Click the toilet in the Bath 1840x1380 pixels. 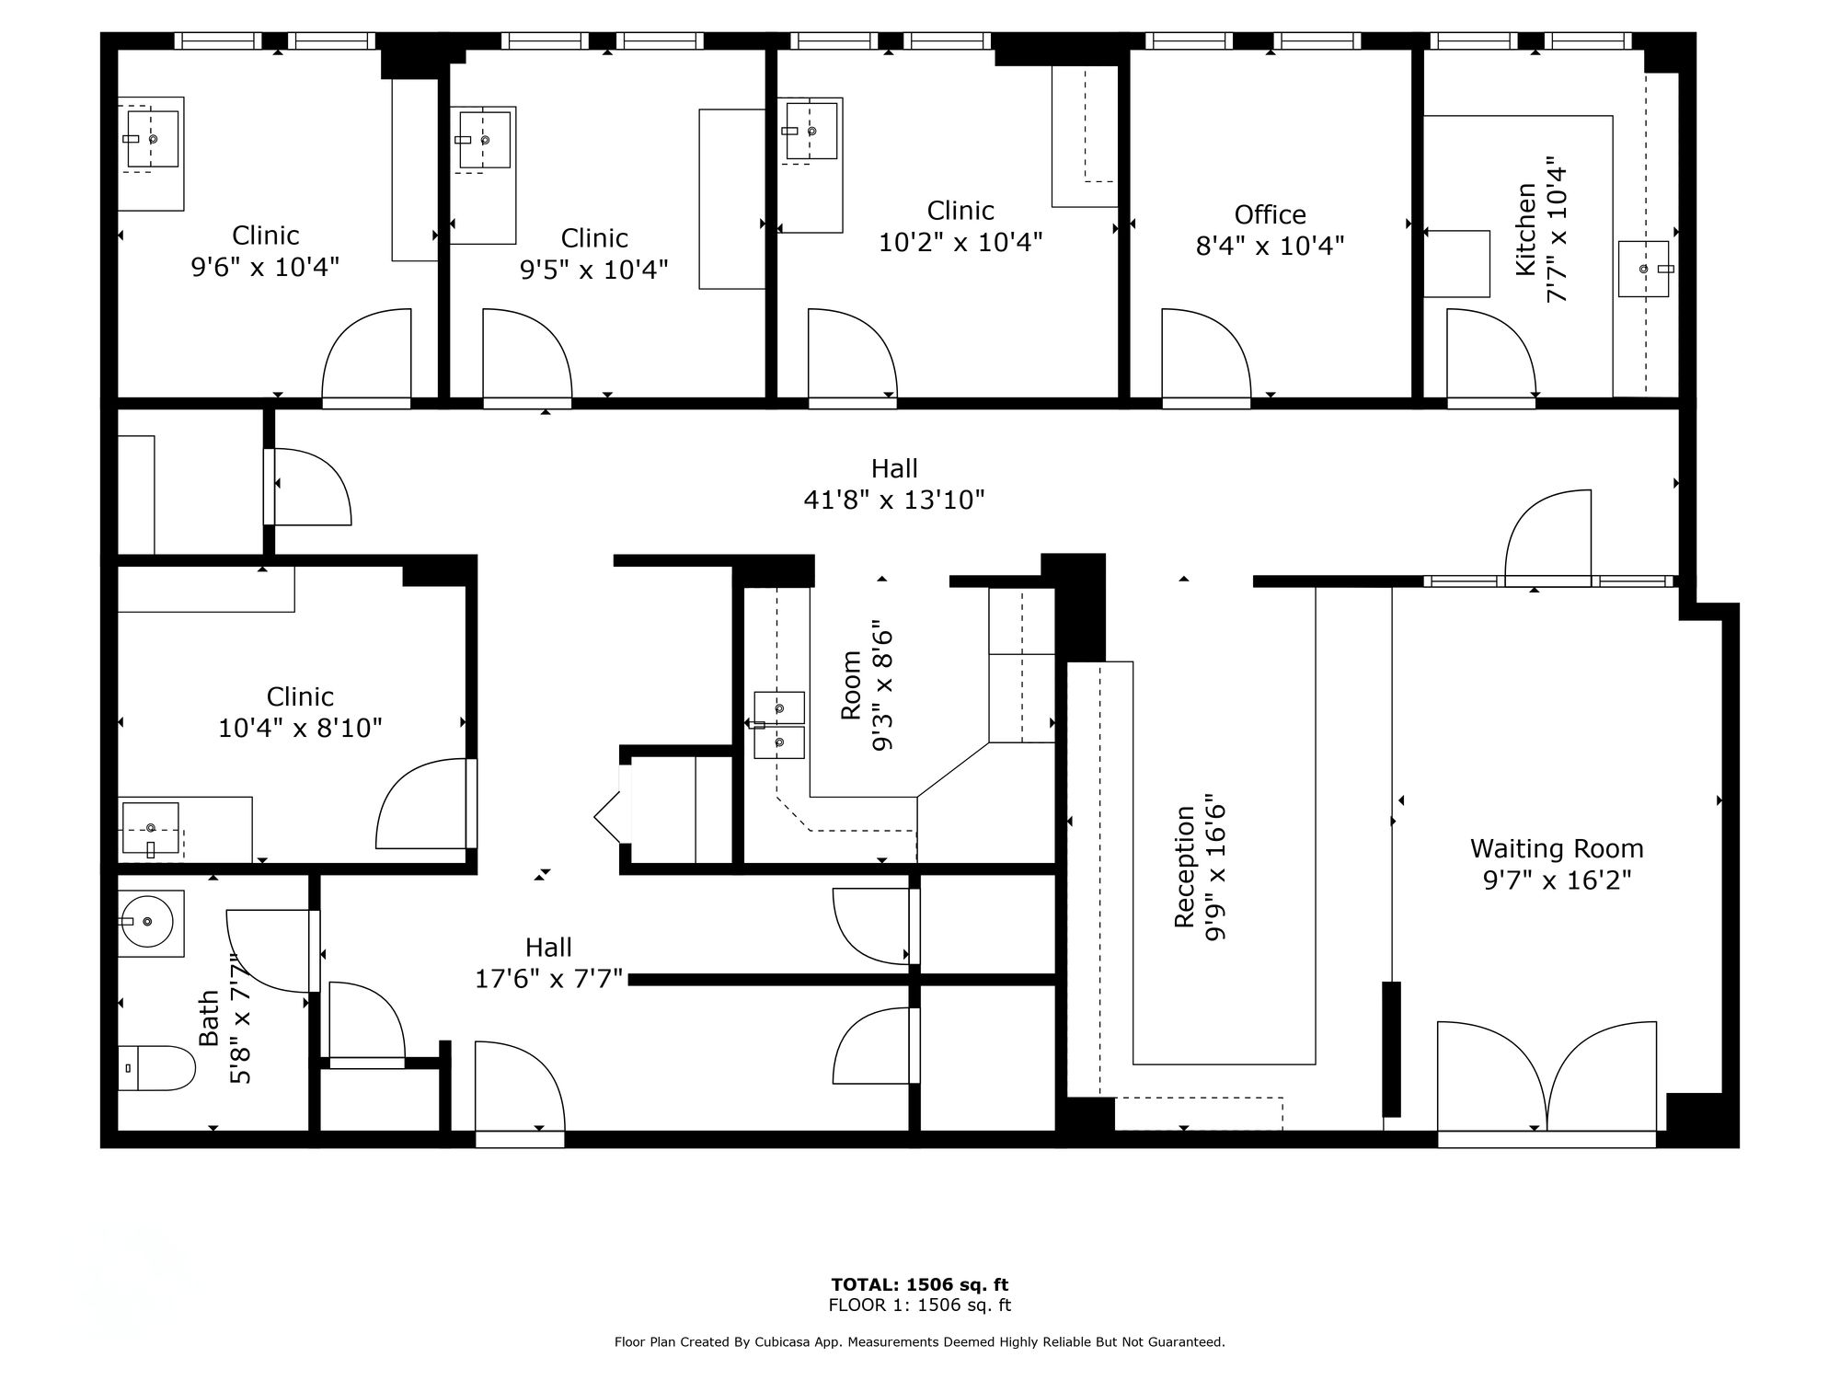[157, 1068]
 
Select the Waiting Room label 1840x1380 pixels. [1557, 848]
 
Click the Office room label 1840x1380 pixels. [1271, 214]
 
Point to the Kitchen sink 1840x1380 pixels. [1644, 269]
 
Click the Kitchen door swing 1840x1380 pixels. [1491, 355]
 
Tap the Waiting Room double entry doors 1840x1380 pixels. [1547, 1076]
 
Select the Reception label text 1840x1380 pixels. [1185, 866]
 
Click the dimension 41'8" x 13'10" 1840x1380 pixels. [894, 500]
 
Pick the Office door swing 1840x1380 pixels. [1206, 355]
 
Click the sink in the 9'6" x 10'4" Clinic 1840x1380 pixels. [152, 139]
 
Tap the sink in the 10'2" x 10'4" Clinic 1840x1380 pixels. [811, 132]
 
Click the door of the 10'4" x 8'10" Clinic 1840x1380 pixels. [424, 803]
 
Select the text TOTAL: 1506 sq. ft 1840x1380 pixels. [920, 1285]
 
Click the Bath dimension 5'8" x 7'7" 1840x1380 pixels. [239, 1018]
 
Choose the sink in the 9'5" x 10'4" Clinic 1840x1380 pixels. [483, 141]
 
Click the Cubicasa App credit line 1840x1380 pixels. [920, 1342]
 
